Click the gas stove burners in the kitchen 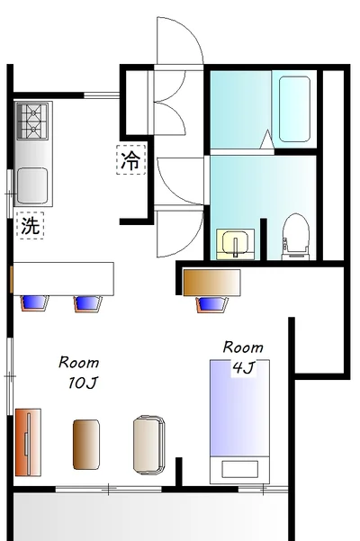click(x=33, y=121)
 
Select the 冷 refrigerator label click(x=130, y=160)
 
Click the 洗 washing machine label click(x=31, y=226)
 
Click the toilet click(x=294, y=235)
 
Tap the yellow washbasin click(x=235, y=244)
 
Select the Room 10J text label click(x=79, y=372)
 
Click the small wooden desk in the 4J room click(x=211, y=282)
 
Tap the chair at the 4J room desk click(x=211, y=303)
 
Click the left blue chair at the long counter click(x=33, y=302)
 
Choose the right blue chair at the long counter click(x=88, y=302)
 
